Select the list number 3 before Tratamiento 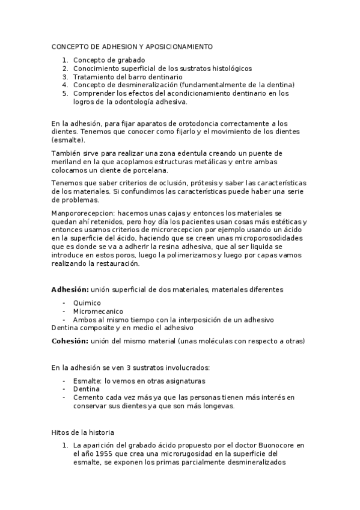pyautogui.click(x=65, y=77)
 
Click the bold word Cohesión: pyautogui.click(x=72, y=341)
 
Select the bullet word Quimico pyautogui.click(x=87, y=303)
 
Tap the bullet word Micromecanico pyautogui.click(x=98, y=312)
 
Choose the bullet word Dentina pyautogui.click(x=87, y=389)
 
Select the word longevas pyautogui.click(x=217, y=406)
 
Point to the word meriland pyautogui.click(x=65, y=162)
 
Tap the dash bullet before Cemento pyautogui.click(x=64, y=398)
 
